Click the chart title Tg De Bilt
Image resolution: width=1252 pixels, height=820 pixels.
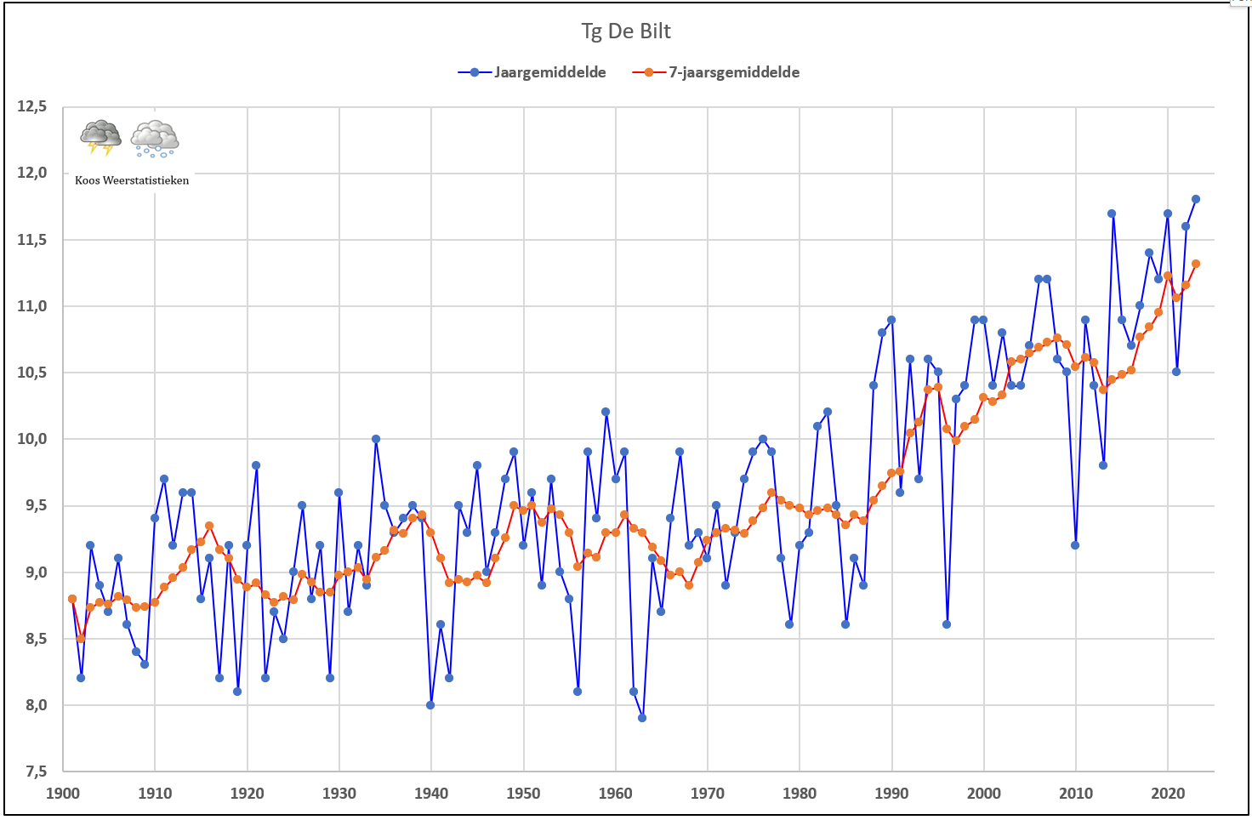coord(625,31)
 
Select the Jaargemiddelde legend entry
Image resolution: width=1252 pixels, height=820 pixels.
coord(532,72)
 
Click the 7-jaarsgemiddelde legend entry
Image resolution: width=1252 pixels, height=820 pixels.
coord(716,72)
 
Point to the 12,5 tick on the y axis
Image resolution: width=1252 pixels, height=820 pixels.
coord(31,106)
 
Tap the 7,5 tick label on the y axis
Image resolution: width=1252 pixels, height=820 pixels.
coord(36,772)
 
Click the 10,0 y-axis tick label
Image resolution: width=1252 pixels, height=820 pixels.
coord(31,439)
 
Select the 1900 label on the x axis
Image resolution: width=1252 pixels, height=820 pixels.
coord(63,793)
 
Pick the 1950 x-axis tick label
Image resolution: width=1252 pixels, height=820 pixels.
coord(523,793)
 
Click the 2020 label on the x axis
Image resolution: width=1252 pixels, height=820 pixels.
coord(1168,793)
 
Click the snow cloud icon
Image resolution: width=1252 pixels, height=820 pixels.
coord(155,139)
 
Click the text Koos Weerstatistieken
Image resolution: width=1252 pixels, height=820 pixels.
coord(132,180)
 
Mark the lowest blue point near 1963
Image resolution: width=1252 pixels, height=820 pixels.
coord(642,718)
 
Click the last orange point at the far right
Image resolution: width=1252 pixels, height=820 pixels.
coord(1196,264)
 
